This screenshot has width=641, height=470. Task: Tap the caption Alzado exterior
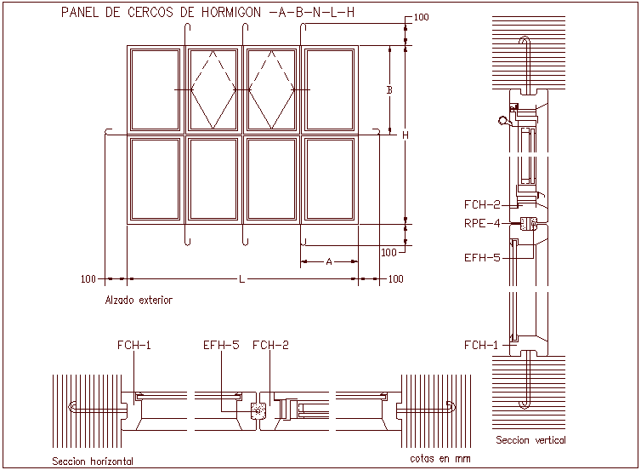point(138,300)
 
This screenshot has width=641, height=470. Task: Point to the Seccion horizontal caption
point(93,461)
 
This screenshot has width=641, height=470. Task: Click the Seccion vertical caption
point(530,440)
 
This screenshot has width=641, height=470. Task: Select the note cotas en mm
point(440,459)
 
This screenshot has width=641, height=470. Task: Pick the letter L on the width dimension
point(242,278)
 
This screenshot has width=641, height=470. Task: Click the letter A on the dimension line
point(329,262)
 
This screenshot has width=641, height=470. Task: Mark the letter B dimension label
point(389,89)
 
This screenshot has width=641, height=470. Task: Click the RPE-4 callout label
point(481,225)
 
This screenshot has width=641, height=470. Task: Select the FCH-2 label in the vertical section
point(481,204)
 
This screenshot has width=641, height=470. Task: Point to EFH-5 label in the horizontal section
point(221,345)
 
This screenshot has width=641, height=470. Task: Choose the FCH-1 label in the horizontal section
point(134,345)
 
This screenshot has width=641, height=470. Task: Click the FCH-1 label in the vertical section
point(481,345)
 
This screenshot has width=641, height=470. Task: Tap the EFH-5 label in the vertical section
point(481,257)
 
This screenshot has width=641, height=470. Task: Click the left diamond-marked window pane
point(213,89)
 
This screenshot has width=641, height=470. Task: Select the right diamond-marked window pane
point(271,89)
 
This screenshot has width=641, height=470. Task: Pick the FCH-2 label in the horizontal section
point(270,345)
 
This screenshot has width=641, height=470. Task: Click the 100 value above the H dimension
point(421,18)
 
